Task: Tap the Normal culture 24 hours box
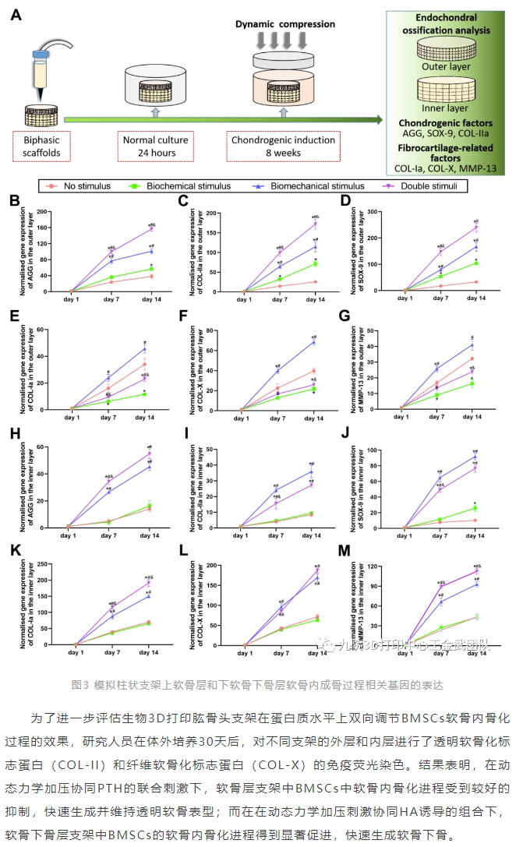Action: [x=157, y=146]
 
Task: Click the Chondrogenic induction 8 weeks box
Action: [x=283, y=146]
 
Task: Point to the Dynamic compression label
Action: [x=284, y=24]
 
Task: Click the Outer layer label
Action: [x=446, y=67]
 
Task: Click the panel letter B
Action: [x=13, y=201]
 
